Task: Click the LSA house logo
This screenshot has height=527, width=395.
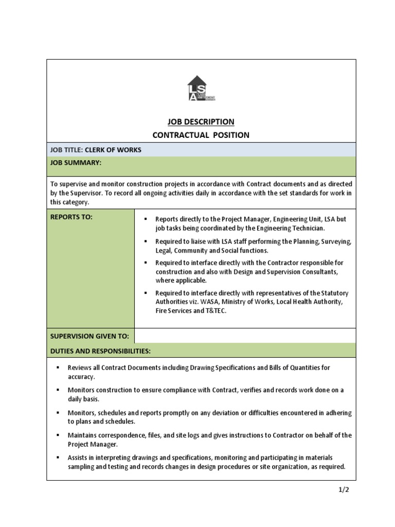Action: [x=200, y=89]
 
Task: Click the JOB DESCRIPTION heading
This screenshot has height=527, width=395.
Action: [x=201, y=122]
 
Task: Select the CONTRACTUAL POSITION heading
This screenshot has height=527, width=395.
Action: [x=201, y=135]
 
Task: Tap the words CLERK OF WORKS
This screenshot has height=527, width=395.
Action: [x=113, y=150]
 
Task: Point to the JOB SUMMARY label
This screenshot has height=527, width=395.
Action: [x=76, y=163]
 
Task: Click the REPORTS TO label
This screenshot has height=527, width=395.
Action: [x=71, y=217]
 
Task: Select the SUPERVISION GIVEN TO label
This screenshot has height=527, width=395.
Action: [x=89, y=337]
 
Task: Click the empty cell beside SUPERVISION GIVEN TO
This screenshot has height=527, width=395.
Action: [x=245, y=336]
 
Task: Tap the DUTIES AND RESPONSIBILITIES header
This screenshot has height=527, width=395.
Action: [x=100, y=351]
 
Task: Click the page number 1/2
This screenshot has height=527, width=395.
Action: [x=344, y=489]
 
